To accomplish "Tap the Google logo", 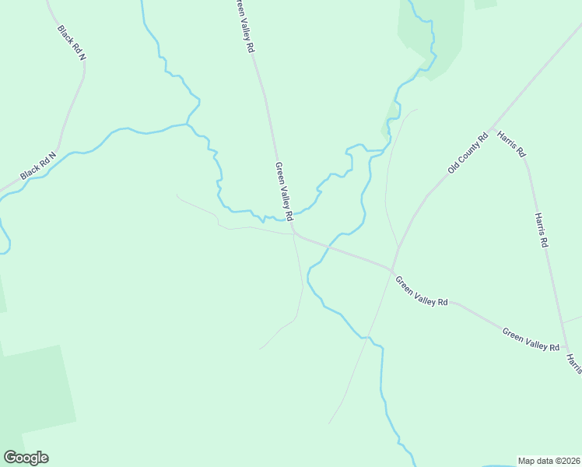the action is (26, 458).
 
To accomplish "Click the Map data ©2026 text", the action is (549, 460).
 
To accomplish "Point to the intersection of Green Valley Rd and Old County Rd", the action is (393, 269).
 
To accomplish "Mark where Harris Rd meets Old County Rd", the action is (491, 126).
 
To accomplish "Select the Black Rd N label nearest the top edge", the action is (71, 42).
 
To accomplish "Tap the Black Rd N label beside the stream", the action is (39, 165).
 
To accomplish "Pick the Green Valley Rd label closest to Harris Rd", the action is (531, 339).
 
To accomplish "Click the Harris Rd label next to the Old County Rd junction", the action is (511, 143).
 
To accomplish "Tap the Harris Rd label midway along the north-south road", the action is (542, 230).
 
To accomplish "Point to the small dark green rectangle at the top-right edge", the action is (485, 3).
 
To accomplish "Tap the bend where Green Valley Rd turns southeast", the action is (294, 232).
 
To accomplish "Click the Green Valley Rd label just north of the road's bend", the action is (283, 191).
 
